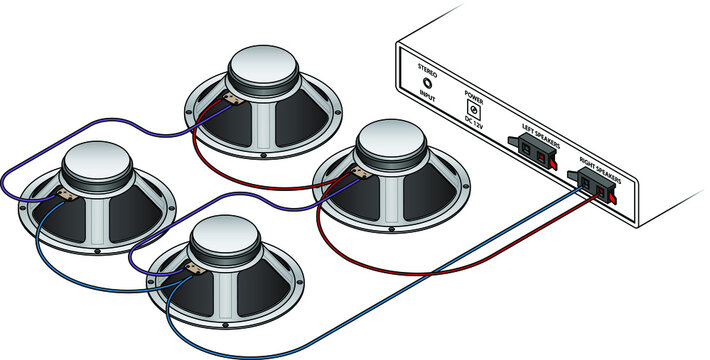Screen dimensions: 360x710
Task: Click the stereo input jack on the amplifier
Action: click(x=429, y=85)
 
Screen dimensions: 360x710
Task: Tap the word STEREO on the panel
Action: click(x=427, y=68)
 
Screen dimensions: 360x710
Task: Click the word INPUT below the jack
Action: click(x=431, y=102)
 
